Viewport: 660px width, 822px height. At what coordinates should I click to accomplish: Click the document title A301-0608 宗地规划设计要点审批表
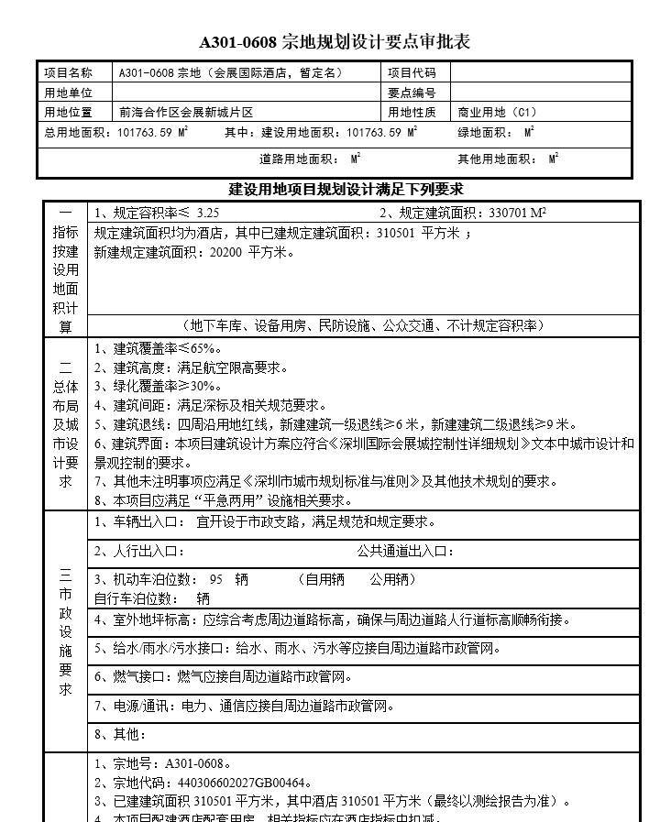[335, 42]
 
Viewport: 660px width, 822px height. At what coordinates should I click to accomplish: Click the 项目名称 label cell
[69, 72]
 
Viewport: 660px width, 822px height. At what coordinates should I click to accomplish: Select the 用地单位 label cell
[69, 93]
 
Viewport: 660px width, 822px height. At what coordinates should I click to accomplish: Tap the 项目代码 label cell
[412, 72]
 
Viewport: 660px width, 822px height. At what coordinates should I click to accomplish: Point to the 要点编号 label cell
[412, 93]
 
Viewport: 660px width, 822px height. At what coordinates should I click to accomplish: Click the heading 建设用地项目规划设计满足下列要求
[346, 190]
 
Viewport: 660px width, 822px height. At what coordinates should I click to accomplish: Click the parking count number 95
[216, 579]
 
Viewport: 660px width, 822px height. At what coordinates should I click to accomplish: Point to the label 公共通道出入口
[404, 551]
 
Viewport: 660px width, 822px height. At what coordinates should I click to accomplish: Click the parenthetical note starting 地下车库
[363, 325]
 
